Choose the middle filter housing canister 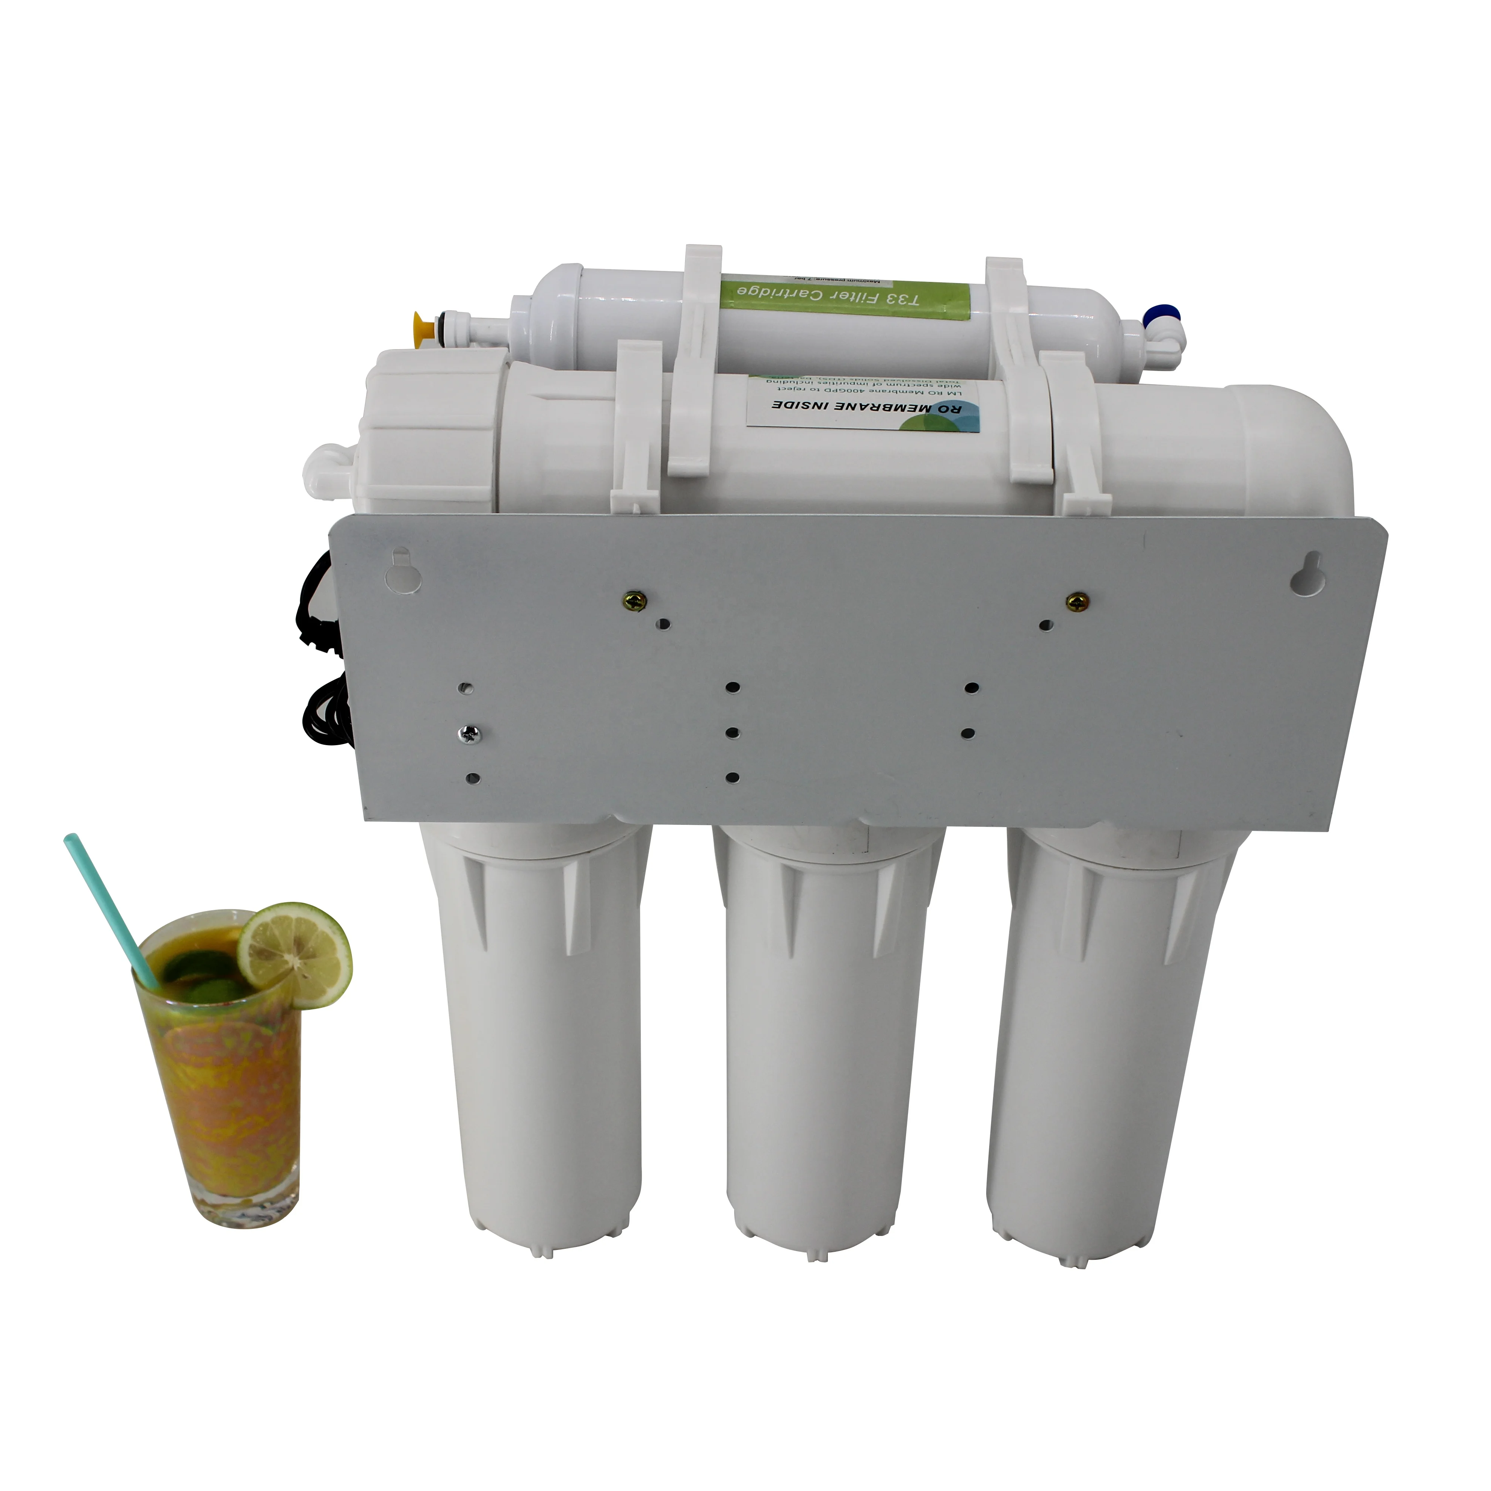pos(830,1042)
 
